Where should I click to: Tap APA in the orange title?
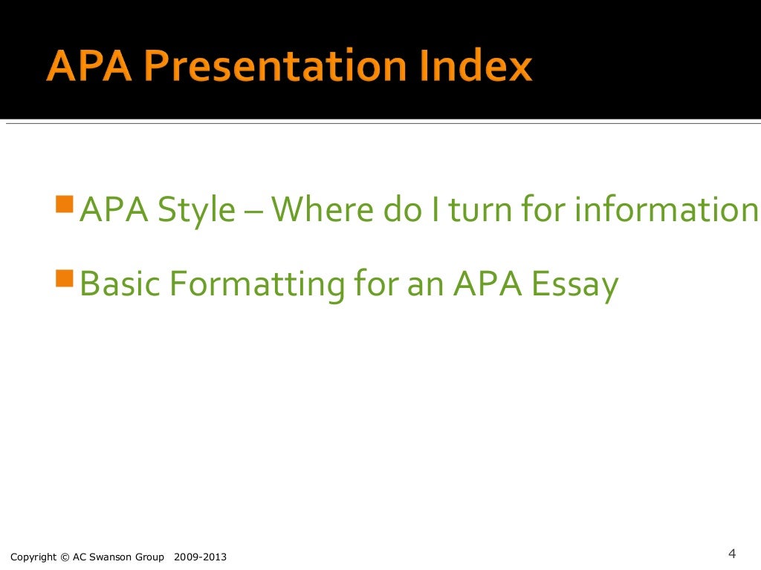[82, 67]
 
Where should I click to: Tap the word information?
[664, 210]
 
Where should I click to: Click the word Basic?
[116, 284]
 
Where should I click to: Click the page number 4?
[731, 554]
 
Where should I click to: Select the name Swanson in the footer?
[112, 557]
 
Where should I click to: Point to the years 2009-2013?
[201, 557]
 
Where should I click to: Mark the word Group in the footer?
[150, 557]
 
